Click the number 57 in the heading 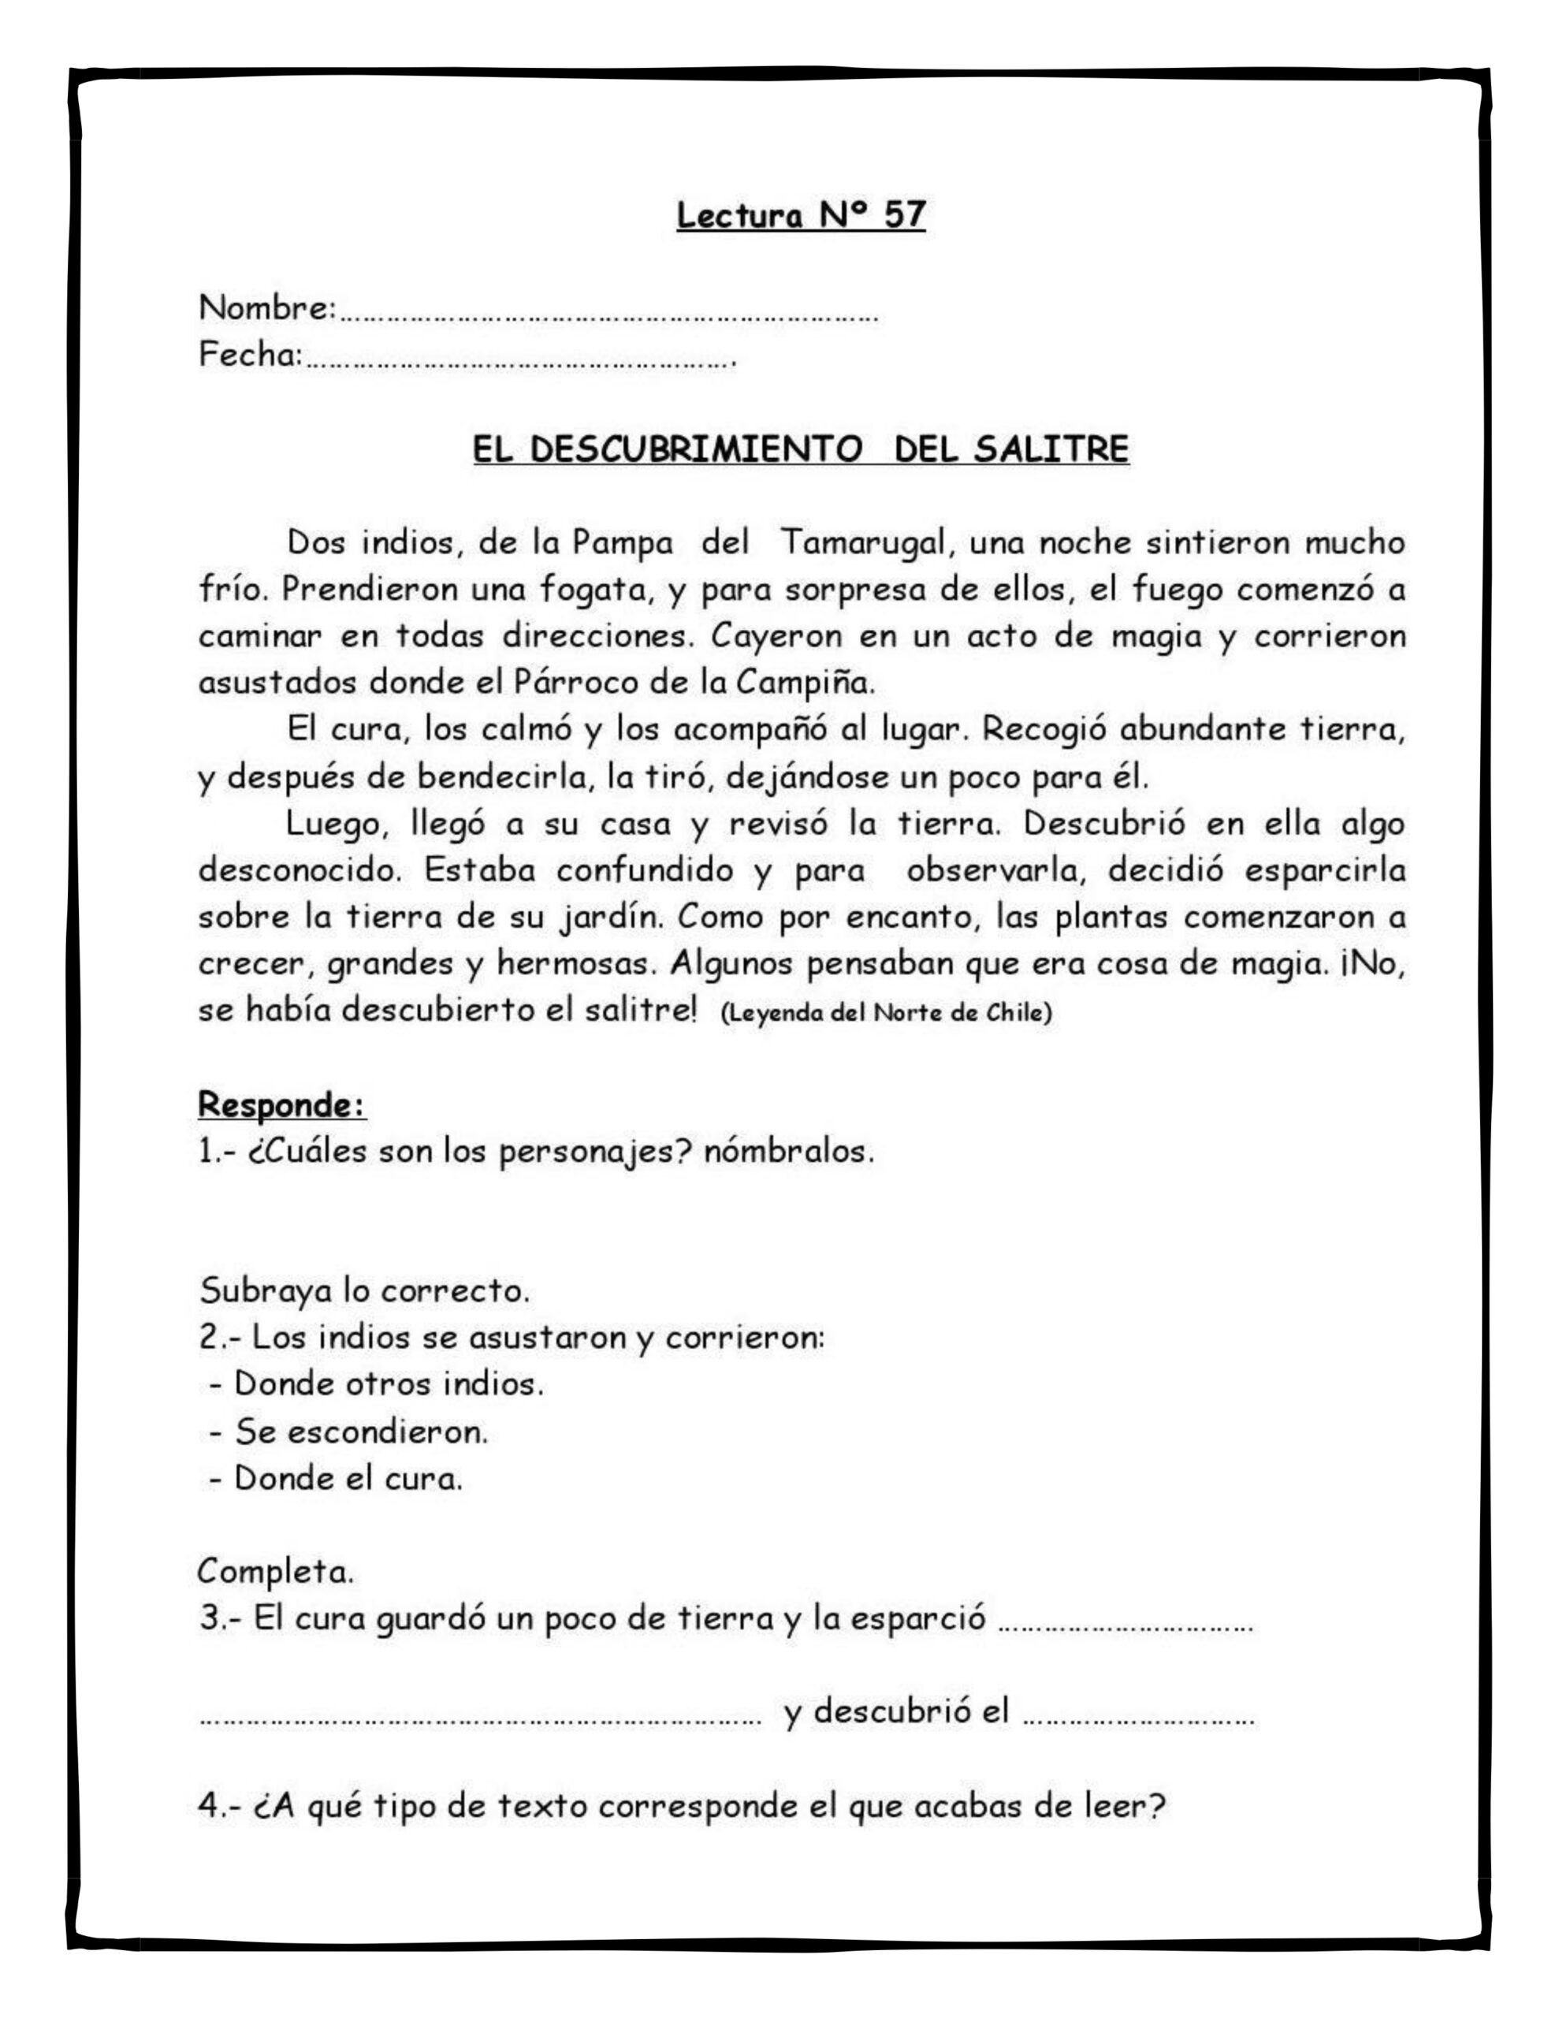904,214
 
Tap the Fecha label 247,355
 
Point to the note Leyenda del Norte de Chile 885,1014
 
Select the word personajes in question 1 595,1153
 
